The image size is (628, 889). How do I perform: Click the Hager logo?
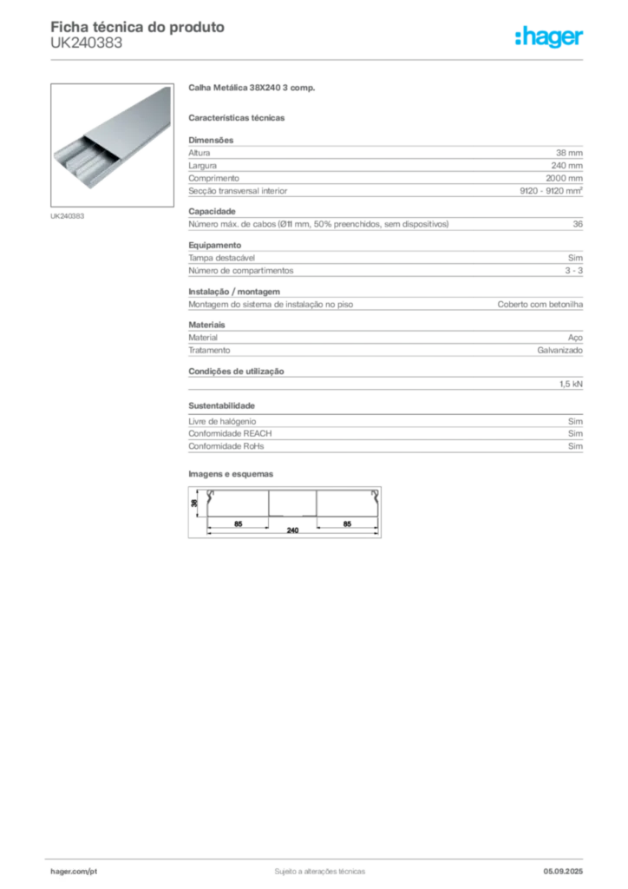(548, 37)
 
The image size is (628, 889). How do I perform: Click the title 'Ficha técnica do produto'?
(138, 27)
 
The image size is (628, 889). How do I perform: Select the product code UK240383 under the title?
(86, 43)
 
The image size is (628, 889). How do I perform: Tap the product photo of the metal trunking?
(112, 145)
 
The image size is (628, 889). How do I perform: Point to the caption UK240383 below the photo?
(68, 216)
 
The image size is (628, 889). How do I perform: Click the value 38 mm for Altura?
(569, 153)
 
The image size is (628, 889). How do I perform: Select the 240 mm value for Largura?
(566, 166)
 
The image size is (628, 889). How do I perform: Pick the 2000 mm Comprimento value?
(564, 178)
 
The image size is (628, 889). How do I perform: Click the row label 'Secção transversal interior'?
(238, 191)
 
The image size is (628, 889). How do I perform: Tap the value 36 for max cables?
(578, 224)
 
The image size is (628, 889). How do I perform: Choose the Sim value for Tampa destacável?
(575, 258)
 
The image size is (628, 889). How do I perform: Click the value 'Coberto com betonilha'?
(540, 305)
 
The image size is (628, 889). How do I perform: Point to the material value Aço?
(575, 338)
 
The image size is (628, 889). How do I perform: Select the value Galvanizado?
(560, 351)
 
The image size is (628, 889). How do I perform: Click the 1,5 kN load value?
(571, 385)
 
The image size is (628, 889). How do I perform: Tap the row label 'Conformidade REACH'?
(230, 434)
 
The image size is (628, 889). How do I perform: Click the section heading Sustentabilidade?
(221, 406)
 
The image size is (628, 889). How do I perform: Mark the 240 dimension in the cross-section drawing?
(292, 530)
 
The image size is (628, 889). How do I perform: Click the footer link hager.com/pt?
(74, 872)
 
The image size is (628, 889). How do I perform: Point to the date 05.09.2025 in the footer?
(563, 872)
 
